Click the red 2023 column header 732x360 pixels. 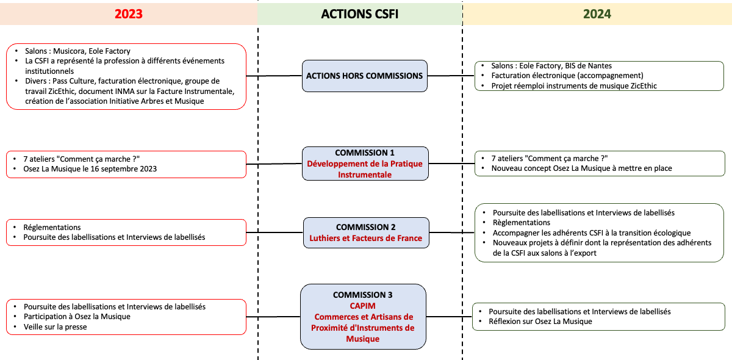point(128,14)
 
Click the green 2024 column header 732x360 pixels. point(597,14)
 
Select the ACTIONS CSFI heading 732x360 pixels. point(360,14)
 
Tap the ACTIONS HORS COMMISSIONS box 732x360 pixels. point(364,76)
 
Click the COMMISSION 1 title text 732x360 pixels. point(364,153)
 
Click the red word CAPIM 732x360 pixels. point(363,306)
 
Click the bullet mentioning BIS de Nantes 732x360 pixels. point(551,65)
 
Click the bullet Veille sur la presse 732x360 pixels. point(55,326)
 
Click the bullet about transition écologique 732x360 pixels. point(591,232)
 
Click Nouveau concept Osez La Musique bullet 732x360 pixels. point(581,168)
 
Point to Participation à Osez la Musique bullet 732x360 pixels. point(77,316)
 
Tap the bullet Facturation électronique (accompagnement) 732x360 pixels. point(567,76)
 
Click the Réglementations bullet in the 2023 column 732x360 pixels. point(52,227)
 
